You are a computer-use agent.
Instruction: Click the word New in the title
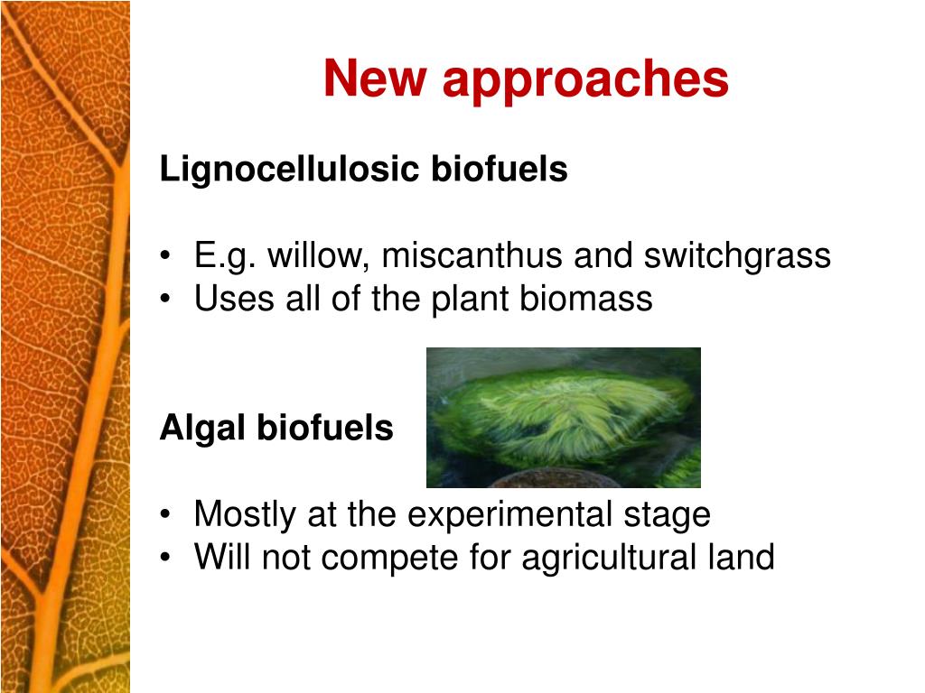(x=375, y=78)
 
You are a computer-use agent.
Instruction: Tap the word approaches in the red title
(x=585, y=82)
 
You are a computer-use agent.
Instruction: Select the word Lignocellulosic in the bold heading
(x=289, y=170)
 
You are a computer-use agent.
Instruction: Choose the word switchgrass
(x=737, y=256)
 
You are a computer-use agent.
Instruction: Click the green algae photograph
(x=564, y=418)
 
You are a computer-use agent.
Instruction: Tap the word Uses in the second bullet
(x=234, y=298)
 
